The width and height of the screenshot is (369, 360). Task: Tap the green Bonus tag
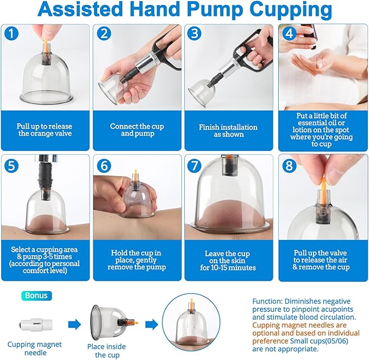(36, 296)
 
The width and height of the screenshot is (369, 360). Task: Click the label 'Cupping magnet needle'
(34, 348)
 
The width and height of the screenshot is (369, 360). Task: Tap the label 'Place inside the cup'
(107, 350)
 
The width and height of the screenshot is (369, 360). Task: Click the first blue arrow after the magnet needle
(74, 324)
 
